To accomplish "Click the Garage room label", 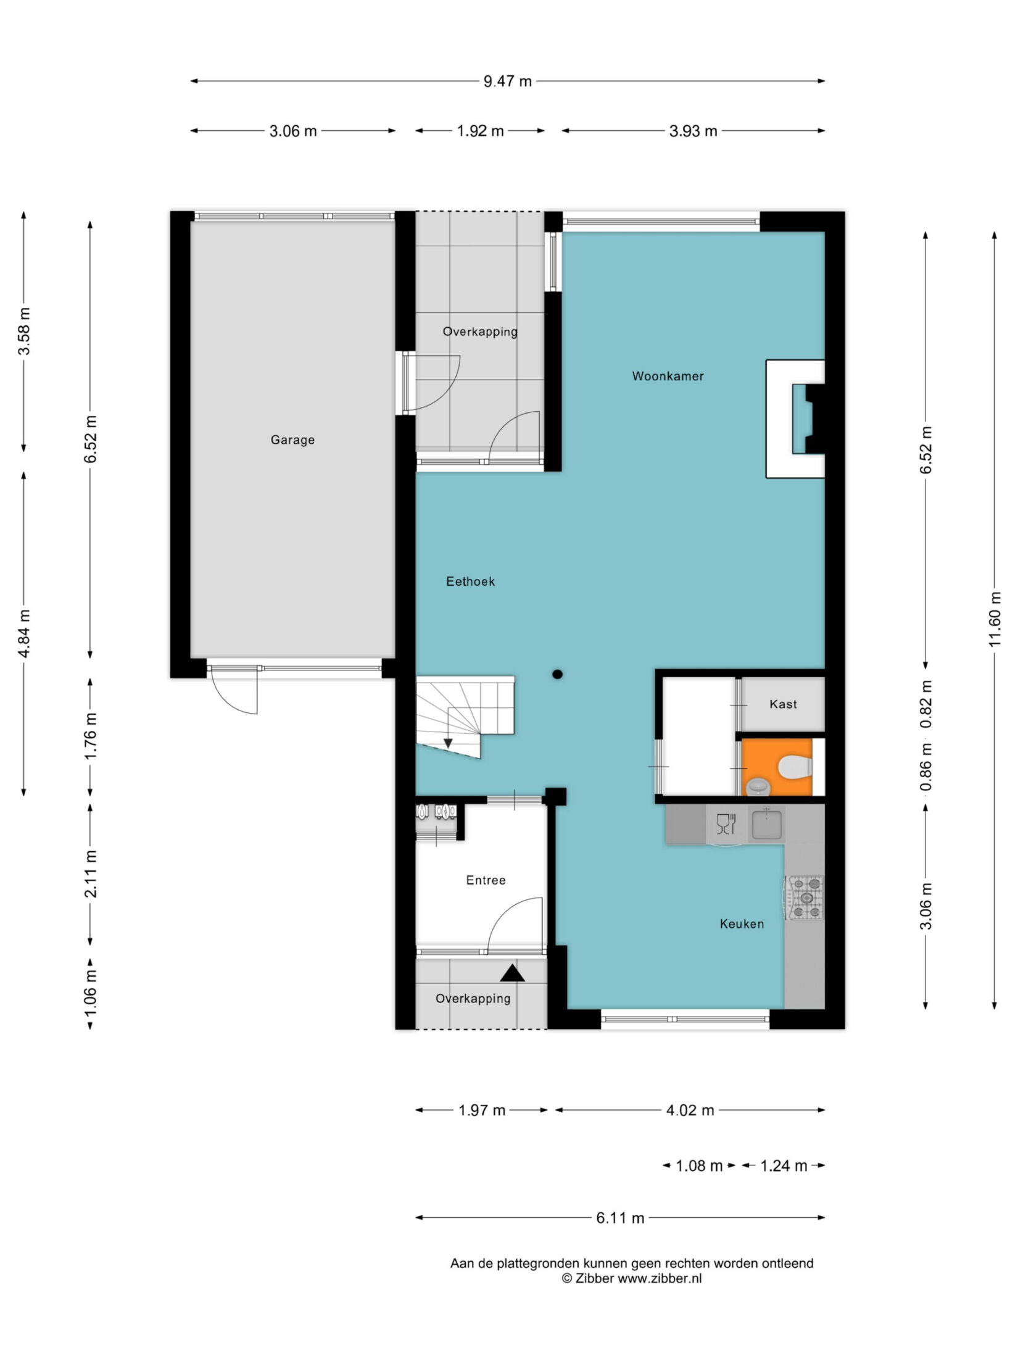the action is (292, 440).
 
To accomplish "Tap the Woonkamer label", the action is (668, 376).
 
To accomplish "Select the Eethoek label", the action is (470, 581).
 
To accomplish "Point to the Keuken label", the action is (742, 924).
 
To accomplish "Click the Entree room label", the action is (486, 880).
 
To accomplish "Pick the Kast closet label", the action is (783, 704).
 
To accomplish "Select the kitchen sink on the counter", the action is (767, 825).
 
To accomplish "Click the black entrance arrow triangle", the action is (512, 973).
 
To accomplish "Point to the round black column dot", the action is (557, 675).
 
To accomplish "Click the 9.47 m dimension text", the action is (507, 81).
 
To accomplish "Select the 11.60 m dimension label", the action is (994, 620).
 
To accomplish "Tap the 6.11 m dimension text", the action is (620, 1218).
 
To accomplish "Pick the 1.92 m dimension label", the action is (480, 131).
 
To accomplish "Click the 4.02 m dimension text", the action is (690, 1110).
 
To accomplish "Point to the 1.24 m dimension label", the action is (783, 1166).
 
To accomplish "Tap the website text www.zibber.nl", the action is (660, 1278).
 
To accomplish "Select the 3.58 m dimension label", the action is (24, 331).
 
